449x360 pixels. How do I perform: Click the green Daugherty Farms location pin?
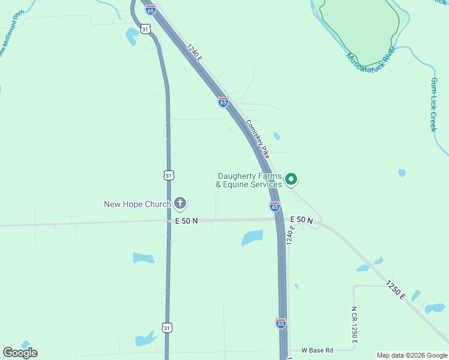[x=291, y=179]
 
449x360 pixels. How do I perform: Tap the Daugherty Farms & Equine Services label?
[x=250, y=180]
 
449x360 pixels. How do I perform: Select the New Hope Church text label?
[x=137, y=204]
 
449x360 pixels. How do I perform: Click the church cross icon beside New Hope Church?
[x=180, y=204]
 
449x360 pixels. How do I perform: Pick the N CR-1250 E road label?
[x=354, y=325]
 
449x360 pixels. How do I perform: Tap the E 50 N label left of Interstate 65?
[x=187, y=221]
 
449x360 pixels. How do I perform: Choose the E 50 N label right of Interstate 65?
[x=301, y=221]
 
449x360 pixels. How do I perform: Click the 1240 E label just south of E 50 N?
[x=291, y=235]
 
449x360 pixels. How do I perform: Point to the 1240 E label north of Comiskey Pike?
[x=195, y=53]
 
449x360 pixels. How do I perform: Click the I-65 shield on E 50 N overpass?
[x=274, y=206]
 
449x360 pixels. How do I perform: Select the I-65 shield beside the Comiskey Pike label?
[x=223, y=102]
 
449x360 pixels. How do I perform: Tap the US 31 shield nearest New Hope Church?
[x=169, y=175]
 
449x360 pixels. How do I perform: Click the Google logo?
[x=20, y=353]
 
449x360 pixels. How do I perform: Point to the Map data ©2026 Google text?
[x=412, y=355]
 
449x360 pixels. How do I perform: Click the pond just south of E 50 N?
[x=252, y=238]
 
